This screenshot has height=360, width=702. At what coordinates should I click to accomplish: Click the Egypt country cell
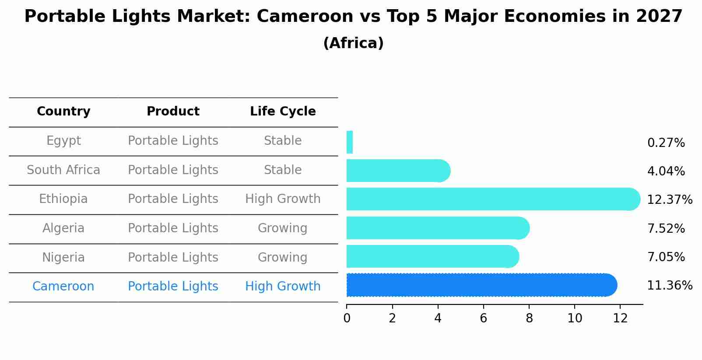63,141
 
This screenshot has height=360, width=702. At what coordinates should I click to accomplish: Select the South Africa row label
63,170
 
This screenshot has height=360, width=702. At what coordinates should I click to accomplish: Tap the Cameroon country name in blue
63,287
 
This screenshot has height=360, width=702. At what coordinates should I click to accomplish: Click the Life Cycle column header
283,112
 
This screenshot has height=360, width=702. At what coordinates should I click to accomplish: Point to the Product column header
173,112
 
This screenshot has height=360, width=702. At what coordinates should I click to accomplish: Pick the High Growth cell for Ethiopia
283,199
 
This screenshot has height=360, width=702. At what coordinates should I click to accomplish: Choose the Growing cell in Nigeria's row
283,257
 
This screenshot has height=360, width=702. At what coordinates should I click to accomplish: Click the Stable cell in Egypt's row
283,141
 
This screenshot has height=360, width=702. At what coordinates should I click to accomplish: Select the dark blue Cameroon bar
481,285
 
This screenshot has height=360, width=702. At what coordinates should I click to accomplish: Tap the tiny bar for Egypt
350,142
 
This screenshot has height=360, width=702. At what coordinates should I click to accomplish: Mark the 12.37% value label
670,200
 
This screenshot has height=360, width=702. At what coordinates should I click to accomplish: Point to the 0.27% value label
666,143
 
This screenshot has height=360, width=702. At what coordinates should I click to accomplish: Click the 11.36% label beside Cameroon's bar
670,286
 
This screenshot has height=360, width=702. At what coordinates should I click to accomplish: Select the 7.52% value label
666,229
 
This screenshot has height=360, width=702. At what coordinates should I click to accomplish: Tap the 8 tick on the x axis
529,318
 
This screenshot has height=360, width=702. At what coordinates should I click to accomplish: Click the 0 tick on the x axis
347,318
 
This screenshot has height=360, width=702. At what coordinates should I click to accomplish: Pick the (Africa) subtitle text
353,43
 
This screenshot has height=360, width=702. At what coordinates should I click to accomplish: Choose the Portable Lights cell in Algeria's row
173,228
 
